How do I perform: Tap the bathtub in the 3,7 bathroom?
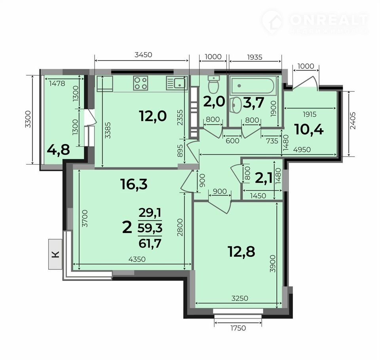[x=253, y=85]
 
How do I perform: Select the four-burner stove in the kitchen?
[x=141, y=83]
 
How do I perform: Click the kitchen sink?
[x=176, y=83]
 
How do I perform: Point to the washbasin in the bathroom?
[x=235, y=105]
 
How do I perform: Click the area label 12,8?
[x=241, y=252]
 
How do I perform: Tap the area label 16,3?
[x=134, y=184]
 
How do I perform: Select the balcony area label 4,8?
[x=59, y=150]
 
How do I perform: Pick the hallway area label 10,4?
[x=309, y=129]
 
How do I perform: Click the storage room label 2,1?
[x=264, y=179]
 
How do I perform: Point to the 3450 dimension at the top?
[x=143, y=55]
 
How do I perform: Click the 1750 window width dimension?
[x=238, y=328]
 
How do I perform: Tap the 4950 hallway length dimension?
[x=302, y=150]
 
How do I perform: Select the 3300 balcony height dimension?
[x=28, y=119]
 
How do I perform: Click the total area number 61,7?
[x=150, y=243]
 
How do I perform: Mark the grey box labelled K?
[x=55, y=254]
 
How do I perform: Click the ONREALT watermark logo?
[x=315, y=22]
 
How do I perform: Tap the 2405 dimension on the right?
[x=353, y=120]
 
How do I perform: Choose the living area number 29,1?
[x=150, y=213]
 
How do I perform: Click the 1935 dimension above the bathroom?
[x=255, y=57]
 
